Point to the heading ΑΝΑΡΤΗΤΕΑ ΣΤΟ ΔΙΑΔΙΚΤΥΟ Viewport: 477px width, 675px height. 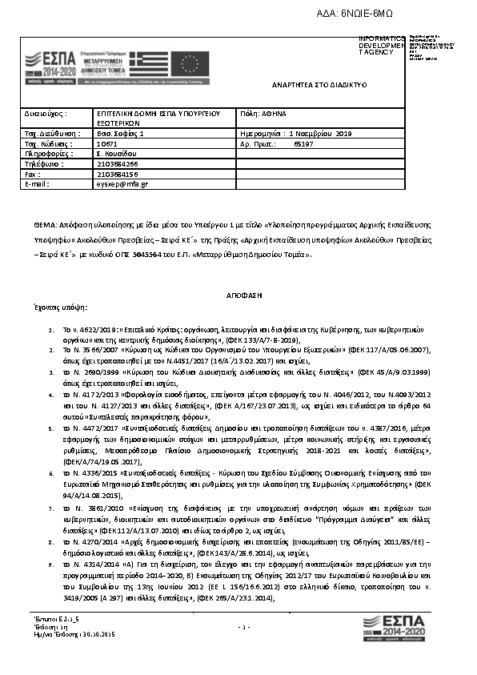coord(318,85)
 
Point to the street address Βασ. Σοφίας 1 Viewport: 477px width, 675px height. coord(119,134)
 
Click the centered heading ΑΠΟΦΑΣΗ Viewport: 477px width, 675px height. coord(238,295)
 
